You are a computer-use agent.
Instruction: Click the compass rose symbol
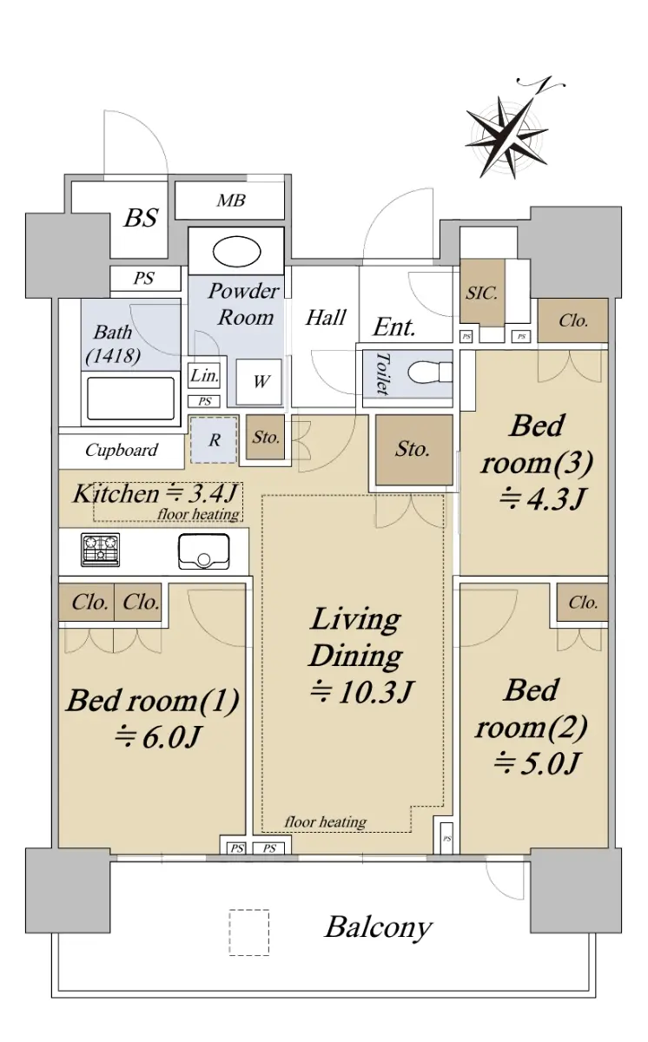click(507, 137)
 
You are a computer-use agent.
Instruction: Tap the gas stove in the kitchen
click(101, 550)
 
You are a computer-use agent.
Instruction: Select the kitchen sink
click(204, 551)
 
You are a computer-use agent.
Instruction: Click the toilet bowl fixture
click(430, 373)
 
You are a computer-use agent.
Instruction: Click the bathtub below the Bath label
click(130, 399)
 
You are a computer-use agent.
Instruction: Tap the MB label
click(231, 201)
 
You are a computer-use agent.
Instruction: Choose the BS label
click(141, 217)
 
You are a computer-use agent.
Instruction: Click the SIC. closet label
click(482, 293)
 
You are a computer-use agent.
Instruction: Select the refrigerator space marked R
click(214, 440)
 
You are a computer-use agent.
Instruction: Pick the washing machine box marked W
click(259, 381)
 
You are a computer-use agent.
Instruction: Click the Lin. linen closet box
click(204, 375)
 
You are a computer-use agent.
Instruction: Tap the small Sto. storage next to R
click(265, 438)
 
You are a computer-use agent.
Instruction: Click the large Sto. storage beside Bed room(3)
click(414, 450)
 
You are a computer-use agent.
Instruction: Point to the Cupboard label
click(122, 451)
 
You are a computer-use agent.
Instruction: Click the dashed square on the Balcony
click(249, 933)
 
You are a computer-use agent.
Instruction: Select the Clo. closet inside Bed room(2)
click(582, 603)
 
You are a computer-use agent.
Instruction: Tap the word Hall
click(326, 318)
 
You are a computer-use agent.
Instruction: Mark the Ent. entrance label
click(393, 327)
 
